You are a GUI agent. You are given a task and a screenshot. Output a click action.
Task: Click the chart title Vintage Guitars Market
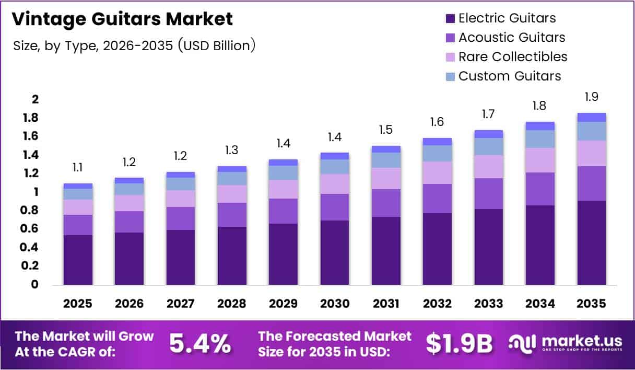point(122,20)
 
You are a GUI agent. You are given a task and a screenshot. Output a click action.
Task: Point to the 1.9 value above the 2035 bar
point(592,97)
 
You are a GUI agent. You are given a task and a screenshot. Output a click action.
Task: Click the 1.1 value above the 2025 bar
point(78,167)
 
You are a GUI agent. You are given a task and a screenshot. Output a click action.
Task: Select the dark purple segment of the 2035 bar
point(592,243)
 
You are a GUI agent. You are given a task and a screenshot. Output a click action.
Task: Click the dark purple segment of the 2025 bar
point(78,260)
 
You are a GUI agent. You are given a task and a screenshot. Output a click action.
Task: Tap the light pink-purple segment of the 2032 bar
point(437,172)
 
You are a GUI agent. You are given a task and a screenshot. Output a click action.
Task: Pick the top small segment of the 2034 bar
point(540,126)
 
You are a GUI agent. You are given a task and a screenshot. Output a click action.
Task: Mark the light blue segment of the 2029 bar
point(283,172)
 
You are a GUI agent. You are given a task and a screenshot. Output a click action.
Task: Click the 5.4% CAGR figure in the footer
point(200,343)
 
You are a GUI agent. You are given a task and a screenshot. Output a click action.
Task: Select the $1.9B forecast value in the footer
point(459,343)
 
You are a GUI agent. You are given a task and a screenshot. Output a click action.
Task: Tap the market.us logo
point(566,343)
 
